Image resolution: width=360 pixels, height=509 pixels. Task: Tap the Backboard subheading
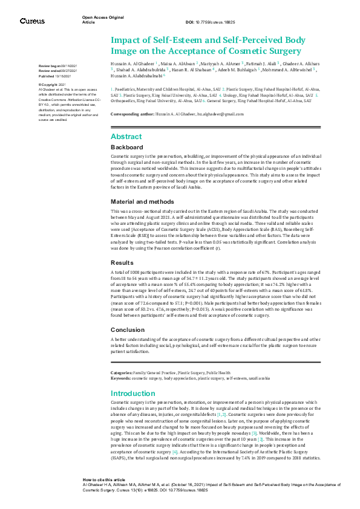coord(127,148)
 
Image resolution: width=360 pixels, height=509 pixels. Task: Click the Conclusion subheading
coord(128,330)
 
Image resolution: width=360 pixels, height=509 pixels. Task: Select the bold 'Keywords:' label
coord(120,378)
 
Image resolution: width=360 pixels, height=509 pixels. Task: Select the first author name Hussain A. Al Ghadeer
coord(133,63)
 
